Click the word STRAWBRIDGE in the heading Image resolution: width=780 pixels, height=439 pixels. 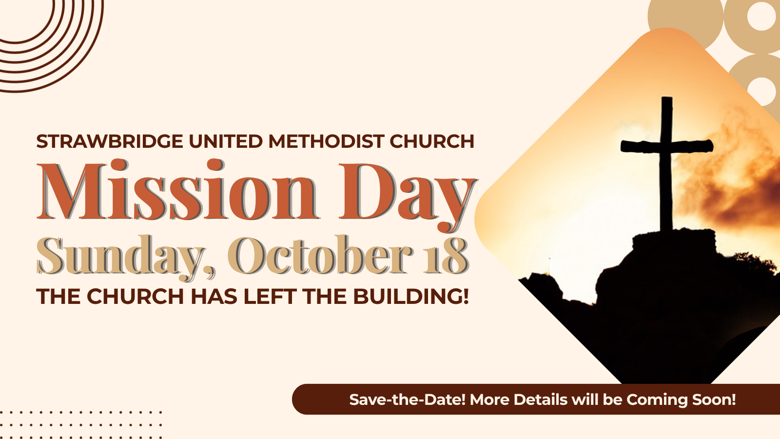click(110, 141)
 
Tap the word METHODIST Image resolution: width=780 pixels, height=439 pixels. click(326, 141)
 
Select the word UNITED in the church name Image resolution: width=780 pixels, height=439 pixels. click(226, 141)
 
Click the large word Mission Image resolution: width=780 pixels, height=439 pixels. click(177, 190)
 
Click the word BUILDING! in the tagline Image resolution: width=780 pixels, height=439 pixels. click(411, 297)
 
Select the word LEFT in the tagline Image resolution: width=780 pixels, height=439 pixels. click(270, 297)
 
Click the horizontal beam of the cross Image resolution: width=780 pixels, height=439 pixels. click(667, 146)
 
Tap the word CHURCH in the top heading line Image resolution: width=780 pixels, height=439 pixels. click(432, 141)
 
